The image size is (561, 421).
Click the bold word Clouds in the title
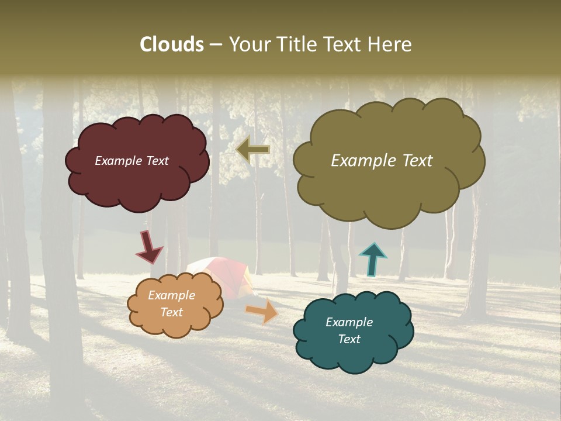172,44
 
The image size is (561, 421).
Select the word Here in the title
390,44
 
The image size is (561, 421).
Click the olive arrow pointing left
252,150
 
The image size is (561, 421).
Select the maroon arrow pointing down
149,247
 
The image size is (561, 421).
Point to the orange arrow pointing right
262,311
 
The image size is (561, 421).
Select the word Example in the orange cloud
171,295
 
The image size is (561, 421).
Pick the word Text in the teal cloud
349,339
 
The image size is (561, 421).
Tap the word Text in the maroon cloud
156,161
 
